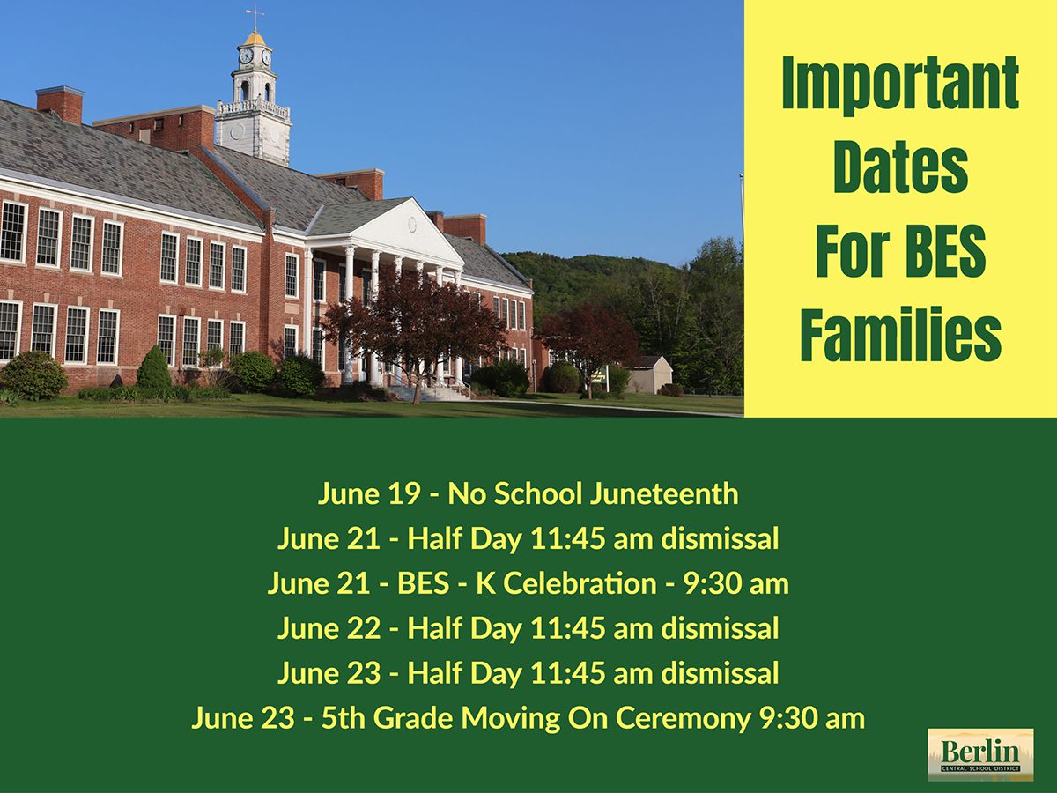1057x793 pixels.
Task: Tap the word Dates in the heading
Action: (901, 168)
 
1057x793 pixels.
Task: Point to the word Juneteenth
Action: (664, 494)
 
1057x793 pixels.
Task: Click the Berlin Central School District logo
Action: (981, 754)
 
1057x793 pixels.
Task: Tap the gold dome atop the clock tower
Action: (255, 38)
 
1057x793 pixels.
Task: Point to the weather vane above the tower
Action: (255, 18)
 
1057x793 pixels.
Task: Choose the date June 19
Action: (369, 494)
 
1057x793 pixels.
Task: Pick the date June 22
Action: (329, 628)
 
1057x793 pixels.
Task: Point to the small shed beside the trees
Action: (649, 374)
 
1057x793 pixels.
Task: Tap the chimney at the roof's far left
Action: (60, 105)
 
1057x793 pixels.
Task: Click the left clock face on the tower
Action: (246, 56)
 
